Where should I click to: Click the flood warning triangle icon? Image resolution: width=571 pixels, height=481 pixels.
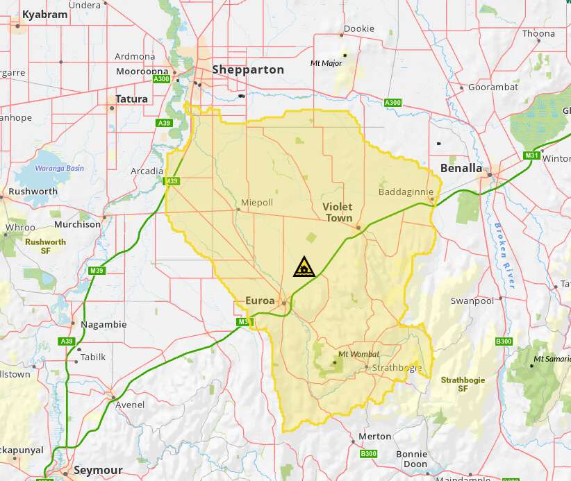pos(304,267)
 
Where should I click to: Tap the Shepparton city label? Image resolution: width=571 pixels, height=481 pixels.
pos(248,69)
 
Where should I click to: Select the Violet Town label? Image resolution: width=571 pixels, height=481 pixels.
pos(338,212)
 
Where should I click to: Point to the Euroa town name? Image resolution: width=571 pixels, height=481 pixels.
pos(260,301)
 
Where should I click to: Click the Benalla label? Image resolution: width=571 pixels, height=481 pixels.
pos(461,168)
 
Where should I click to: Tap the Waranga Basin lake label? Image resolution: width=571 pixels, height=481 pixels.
pos(60,168)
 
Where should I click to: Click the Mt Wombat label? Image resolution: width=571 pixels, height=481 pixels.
pos(358,354)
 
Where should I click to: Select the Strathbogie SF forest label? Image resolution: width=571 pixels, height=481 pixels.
pos(463,385)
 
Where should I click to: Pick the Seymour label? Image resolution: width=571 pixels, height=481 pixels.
pos(98,470)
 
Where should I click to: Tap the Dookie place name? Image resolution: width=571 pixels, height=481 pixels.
pos(359,29)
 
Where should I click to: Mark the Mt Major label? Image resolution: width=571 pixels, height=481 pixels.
pos(326,63)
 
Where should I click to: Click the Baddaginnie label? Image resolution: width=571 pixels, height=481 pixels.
pos(406,192)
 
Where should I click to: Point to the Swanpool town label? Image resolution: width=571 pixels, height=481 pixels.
pos(472,301)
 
